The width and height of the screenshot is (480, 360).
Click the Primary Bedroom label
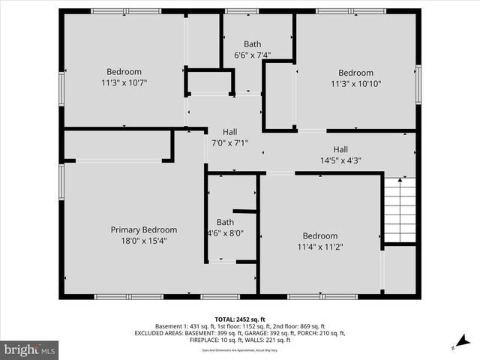pos(144,230)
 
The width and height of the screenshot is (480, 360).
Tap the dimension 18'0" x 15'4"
pos(144,241)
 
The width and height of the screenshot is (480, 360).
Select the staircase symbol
pos(400,210)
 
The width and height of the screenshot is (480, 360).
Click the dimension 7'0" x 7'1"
pos(229,142)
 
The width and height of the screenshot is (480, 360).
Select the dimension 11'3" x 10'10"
pos(355,84)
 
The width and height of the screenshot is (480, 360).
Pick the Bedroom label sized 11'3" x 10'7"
pos(124,72)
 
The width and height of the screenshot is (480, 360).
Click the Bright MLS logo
pos(30,349)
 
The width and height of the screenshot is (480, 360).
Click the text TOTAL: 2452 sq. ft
pos(240,319)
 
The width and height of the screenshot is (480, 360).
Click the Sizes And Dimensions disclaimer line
pos(240,350)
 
